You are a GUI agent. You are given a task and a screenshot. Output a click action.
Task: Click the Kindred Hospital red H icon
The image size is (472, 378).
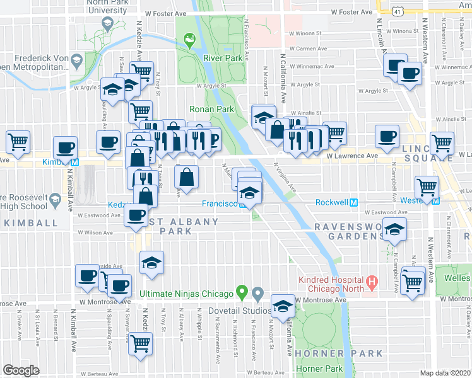pyautogui.click(x=372, y=284)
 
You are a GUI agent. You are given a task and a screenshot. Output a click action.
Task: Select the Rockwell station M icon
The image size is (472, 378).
pyautogui.click(x=353, y=203)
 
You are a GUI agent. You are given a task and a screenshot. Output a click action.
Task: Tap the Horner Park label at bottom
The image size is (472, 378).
pyautogui.click(x=325, y=369)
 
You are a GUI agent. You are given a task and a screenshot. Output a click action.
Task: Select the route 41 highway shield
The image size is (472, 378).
pyautogui.click(x=396, y=11)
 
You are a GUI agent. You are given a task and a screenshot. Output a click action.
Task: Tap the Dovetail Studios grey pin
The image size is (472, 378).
pyautogui.click(x=257, y=293)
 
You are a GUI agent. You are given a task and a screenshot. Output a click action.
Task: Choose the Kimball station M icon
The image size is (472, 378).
pyautogui.click(x=74, y=162)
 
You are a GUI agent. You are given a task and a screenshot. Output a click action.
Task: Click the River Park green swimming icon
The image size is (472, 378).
pyautogui.click(x=189, y=42)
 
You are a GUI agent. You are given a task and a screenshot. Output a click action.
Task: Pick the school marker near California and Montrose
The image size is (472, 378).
pyautogui.click(x=283, y=307)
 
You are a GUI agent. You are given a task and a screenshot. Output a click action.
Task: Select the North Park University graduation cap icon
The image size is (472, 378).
pyautogui.click(x=106, y=25)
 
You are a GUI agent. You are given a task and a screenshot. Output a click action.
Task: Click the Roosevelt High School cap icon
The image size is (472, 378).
pyautogui.click(x=55, y=201)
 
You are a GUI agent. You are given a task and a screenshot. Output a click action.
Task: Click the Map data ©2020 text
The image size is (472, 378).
pyautogui.click(x=445, y=373)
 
